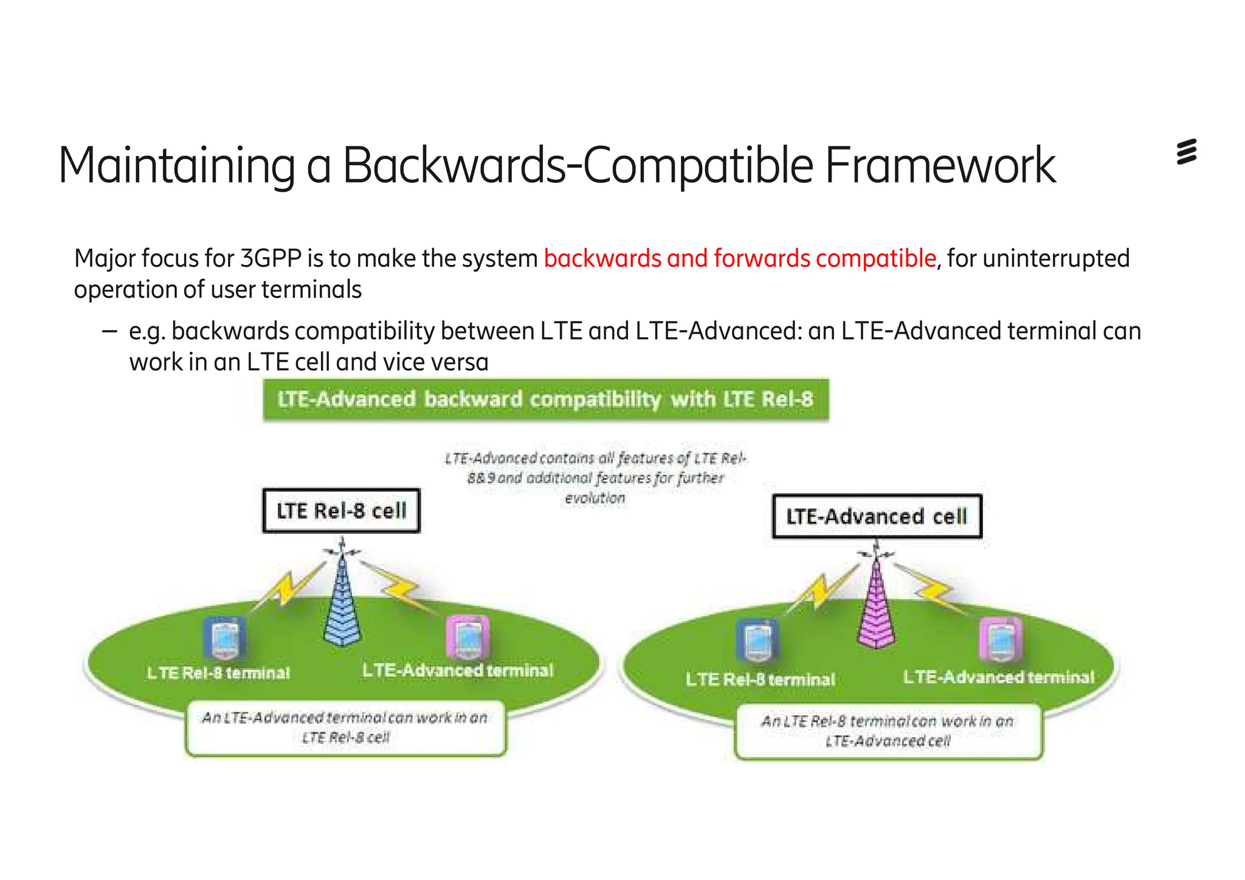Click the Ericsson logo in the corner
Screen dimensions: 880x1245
click(1186, 152)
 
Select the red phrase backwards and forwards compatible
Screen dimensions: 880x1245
click(739, 258)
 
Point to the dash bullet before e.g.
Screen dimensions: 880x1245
click(109, 332)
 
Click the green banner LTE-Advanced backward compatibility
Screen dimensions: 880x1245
click(545, 399)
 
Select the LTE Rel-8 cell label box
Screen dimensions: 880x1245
click(341, 511)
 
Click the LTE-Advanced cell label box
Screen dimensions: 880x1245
click(876, 517)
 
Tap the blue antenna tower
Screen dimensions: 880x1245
click(342, 602)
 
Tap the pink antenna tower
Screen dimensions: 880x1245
click(876, 608)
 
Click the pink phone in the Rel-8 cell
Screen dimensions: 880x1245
click(467, 637)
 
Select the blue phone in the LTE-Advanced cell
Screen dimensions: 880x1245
click(757, 642)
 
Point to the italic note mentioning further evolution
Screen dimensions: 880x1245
click(595, 478)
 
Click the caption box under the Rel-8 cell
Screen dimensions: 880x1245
click(345, 727)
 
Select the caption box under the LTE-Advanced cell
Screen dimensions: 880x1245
click(888, 731)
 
